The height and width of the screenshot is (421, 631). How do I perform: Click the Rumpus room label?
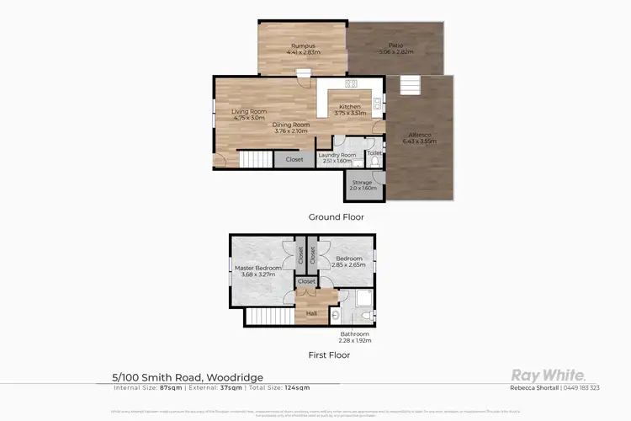pyautogui.click(x=303, y=45)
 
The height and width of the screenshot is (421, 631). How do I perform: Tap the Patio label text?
pyautogui.click(x=395, y=45)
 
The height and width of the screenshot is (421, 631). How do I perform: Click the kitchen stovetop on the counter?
pyautogui.click(x=350, y=83)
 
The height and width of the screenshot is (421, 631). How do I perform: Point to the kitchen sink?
pyautogui.click(x=378, y=104)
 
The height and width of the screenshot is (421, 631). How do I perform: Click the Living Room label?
pyautogui.click(x=249, y=111)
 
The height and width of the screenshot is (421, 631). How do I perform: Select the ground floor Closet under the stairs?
pyautogui.click(x=294, y=159)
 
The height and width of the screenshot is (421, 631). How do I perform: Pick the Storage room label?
pyautogui.click(x=362, y=183)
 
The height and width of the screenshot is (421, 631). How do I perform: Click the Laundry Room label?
pyautogui.click(x=337, y=155)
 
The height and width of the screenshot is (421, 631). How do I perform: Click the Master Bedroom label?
pyautogui.click(x=257, y=268)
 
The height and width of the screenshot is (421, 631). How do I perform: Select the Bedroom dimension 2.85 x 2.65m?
pyautogui.click(x=348, y=264)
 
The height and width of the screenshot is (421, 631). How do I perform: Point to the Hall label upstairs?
pyautogui.click(x=311, y=313)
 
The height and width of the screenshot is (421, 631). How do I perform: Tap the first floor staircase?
pyautogui.click(x=269, y=317)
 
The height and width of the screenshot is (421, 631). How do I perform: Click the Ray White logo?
pyautogui.click(x=549, y=375)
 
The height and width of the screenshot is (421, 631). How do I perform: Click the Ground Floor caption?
pyautogui.click(x=336, y=217)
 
